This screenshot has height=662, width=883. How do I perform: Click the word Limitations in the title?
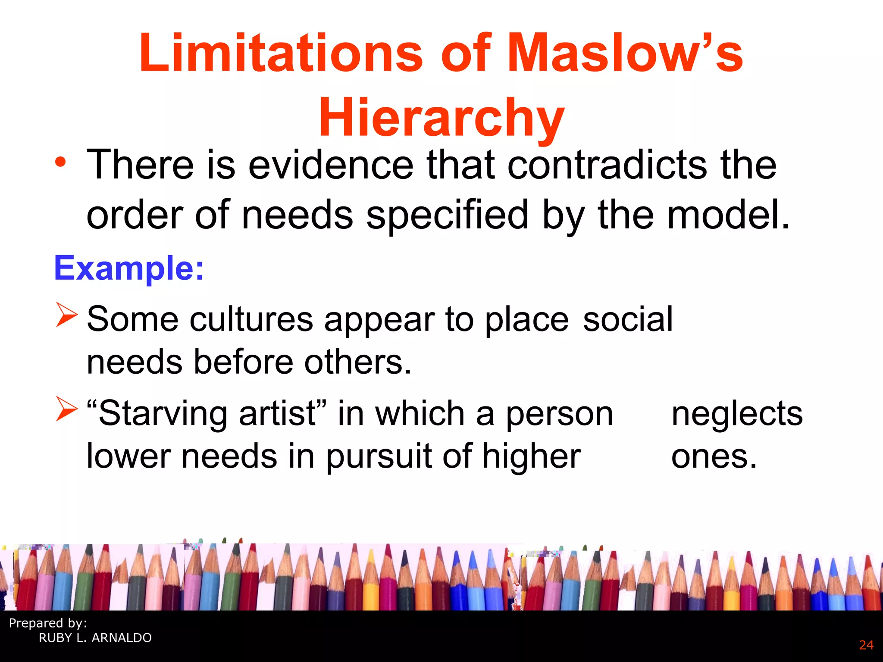(x=281, y=53)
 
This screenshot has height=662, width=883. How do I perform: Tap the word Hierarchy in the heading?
(x=441, y=117)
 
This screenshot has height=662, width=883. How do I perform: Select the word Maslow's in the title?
(x=625, y=53)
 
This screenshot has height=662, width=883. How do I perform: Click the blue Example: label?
(x=129, y=268)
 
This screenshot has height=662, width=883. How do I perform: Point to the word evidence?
(x=331, y=165)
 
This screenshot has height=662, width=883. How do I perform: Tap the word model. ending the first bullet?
(x=728, y=215)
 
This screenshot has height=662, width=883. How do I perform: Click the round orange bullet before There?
(x=61, y=163)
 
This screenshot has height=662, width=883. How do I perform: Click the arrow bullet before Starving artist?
(x=66, y=409)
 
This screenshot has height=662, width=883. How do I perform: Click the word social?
(x=627, y=319)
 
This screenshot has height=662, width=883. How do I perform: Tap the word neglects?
(x=737, y=413)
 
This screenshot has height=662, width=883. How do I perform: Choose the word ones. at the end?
(x=714, y=457)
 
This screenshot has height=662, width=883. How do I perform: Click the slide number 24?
(x=866, y=645)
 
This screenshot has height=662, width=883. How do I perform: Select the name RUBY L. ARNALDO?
(x=95, y=638)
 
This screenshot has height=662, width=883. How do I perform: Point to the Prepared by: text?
(x=48, y=623)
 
